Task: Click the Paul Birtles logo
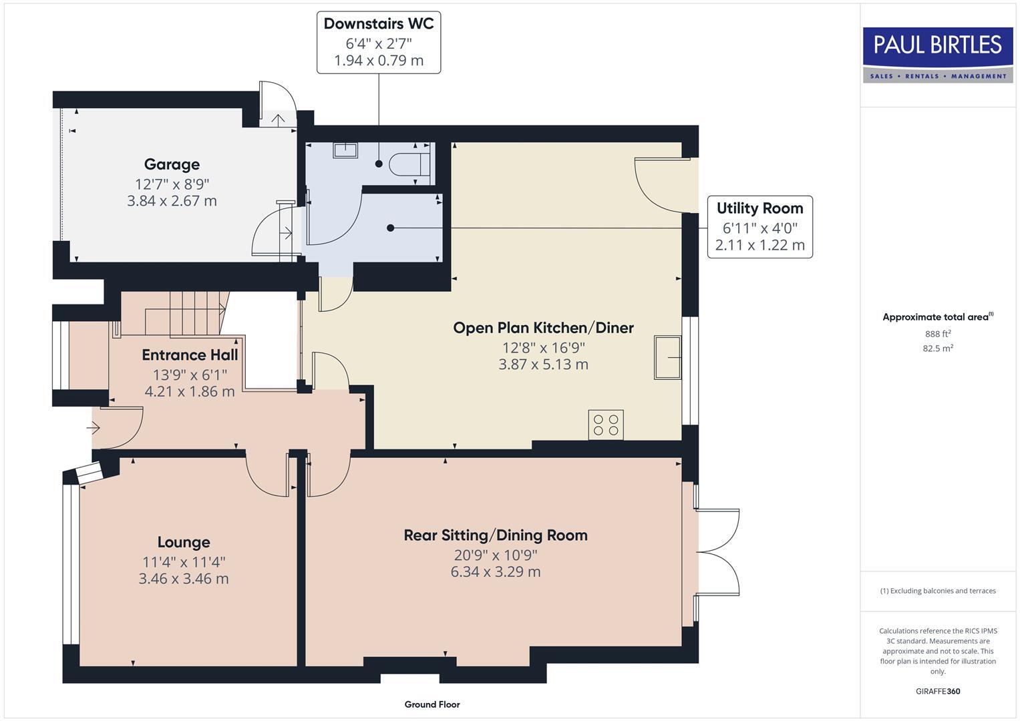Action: coord(937,54)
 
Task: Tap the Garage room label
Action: coord(172,164)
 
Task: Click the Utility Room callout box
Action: coord(759,227)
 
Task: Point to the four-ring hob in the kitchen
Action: coord(606,425)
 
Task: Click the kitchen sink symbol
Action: coord(667,357)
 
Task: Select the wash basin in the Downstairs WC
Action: coord(345,150)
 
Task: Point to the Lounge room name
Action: coord(184,542)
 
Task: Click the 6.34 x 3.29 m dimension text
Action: coord(495,572)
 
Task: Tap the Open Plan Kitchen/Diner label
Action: coord(543,328)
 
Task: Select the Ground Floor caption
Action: coord(432,704)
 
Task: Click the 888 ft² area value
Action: coord(937,334)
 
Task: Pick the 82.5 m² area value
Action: coord(937,348)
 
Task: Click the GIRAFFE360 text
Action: coord(937,691)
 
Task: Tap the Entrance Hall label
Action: coord(190,355)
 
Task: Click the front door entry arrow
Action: coord(94,427)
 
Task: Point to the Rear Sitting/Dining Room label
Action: coord(495,535)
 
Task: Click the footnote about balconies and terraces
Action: coord(937,591)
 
